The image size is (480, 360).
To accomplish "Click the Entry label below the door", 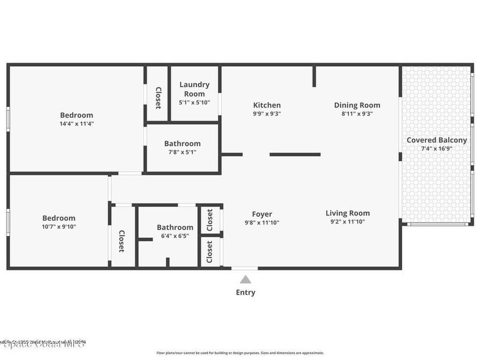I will pos(246,292).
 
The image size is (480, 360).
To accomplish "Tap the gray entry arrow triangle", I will pos(246,280).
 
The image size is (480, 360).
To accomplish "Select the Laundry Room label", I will pos(195,89).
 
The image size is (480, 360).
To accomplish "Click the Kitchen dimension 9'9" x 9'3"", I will pos(267,113).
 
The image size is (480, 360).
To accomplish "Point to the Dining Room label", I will pos(357,105).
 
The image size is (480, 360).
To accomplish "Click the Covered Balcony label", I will pos(436,140).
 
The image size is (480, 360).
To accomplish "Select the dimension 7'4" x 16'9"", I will pos(436,149).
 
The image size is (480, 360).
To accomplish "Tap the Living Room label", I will pos(348,213).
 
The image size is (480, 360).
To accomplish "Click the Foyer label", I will pos(262,214).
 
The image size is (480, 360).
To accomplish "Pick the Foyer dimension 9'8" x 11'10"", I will pos(262,223).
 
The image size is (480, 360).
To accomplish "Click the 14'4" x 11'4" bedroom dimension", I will pos(76,124).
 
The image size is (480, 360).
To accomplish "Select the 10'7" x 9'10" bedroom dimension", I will pos(59,226).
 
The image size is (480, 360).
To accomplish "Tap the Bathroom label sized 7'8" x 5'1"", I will pos(182,143).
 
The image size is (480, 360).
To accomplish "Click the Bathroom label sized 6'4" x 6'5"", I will pos(175,227).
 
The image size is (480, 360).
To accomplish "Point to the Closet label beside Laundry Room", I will pos(158,98).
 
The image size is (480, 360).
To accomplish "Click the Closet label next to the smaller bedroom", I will pos(121,241).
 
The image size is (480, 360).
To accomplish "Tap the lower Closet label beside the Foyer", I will pos(210,252).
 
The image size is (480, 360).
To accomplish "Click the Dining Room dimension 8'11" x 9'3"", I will pos(357,113).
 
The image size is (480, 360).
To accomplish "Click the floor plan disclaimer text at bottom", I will pos(240,353).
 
